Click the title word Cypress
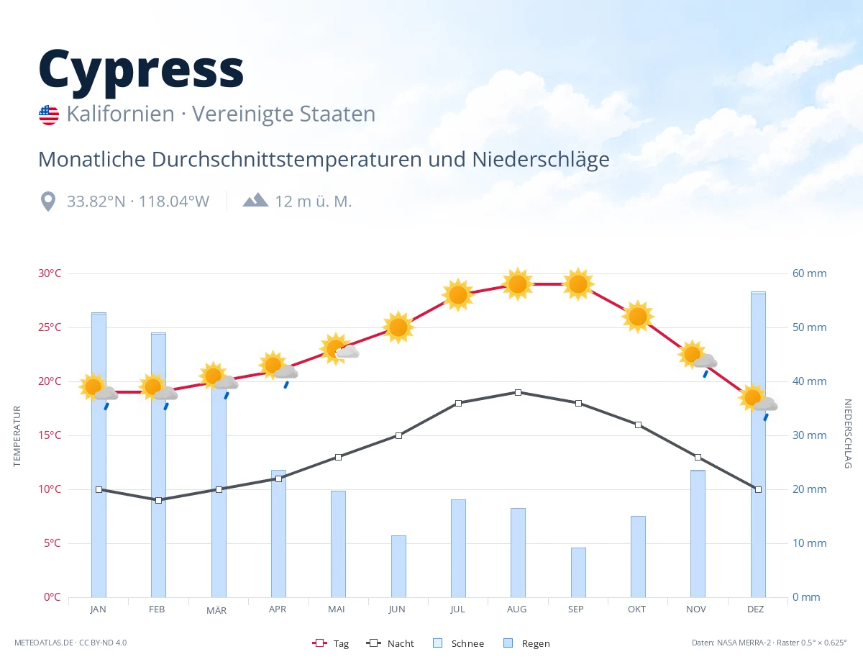[x=141, y=71]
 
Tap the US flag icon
[x=49, y=115]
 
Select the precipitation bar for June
[x=398, y=566]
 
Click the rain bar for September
[x=578, y=573]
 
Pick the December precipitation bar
[x=758, y=444]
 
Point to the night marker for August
[x=518, y=393]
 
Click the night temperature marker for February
[x=158, y=500]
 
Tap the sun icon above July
[x=458, y=295]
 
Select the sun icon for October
[x=638, y=317]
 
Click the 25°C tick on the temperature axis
[x=50, y=327]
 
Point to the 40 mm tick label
[x=809, y=381]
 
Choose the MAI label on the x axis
[x=337, y=609]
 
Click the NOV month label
[x=696, y=609]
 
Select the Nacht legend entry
[x=390, y=643]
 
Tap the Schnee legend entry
[x=458, y=643]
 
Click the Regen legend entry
[x=526, y=643]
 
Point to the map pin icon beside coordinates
[x=48, y=201]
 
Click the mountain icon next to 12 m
[x=256, y=200]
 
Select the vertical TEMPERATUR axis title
[x=17, y=436]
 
